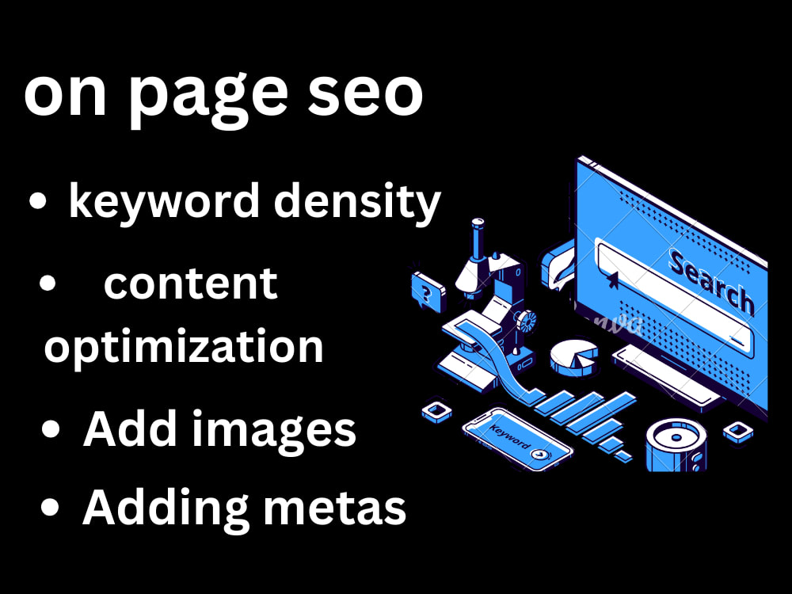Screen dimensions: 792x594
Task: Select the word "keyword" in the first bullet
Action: tap(164, 202)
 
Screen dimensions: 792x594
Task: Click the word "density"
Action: tap(357, 202)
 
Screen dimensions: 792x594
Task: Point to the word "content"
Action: tap(190, 284)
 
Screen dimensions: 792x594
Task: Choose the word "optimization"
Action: tap(184, 347)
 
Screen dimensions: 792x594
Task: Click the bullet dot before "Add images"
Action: tap(51, 430)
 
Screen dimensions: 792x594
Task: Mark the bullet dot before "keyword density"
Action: tap(37, 201)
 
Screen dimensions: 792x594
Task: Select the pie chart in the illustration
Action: tap(573, 357)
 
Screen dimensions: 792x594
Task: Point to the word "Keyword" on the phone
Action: tap(509, 437)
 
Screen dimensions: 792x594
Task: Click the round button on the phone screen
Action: tap(540, 455)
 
